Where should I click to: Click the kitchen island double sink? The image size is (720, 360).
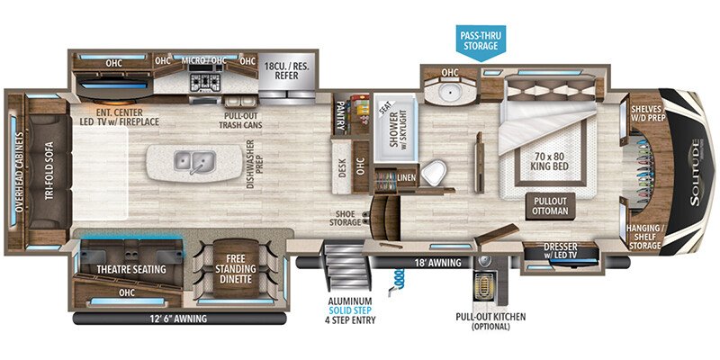click(x=193, y=163)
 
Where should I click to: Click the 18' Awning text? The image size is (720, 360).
click(x=439, y=263)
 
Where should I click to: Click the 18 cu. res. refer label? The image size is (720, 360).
click(x=286, y=72)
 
